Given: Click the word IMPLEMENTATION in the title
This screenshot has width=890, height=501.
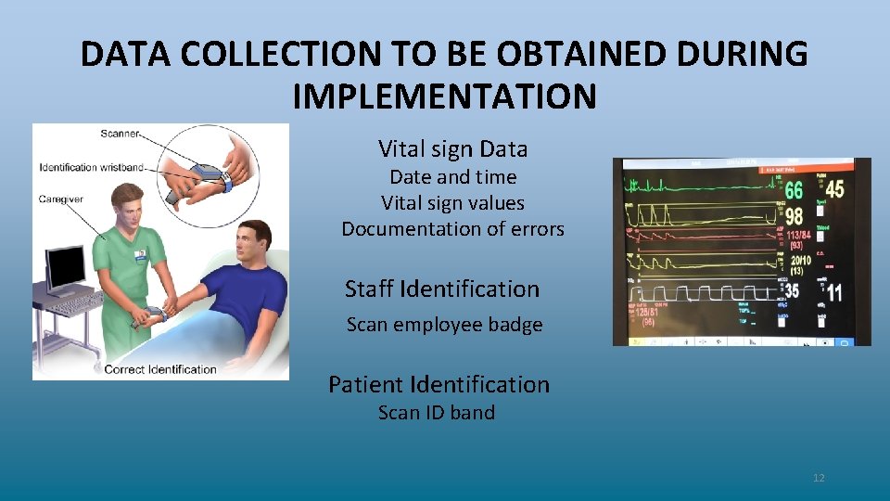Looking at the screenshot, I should pyautogui.click(x=444, y=95).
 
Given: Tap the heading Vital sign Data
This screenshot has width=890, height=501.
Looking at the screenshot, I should pyautogui.click(x=452, y=148).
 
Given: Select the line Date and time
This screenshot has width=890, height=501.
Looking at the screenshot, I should pyautogui.click(x=452, y=176).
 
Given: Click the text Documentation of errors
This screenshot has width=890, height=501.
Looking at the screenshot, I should pyautogui.click(x=452, y=228).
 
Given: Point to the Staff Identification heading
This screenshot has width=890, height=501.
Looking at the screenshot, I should pyautogui.click(x=441, y=289).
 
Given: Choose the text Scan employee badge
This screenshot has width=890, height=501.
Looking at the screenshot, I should pyautogui.click(x=444, y=325).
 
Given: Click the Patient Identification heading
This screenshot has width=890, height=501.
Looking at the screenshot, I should pyautogui.click(x=439, y=384).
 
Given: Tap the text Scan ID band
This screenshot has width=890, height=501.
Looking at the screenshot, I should pyautogui.click(x=436, y=412).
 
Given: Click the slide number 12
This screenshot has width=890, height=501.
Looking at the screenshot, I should pyautogui.click(x=818, y=478).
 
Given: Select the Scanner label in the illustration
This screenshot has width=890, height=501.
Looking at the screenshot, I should pyautogui.click(x=119, y=135).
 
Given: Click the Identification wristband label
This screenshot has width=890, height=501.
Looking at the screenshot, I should pyautogui.click(x=91, y=168).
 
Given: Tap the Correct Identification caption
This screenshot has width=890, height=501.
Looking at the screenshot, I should pyautogui.click(x=159, y=369).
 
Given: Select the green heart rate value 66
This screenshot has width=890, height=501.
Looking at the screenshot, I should pyautogui.click(x=793, y=191).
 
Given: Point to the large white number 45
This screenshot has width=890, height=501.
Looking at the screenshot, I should pyautogui.click(x=834, y=188).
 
